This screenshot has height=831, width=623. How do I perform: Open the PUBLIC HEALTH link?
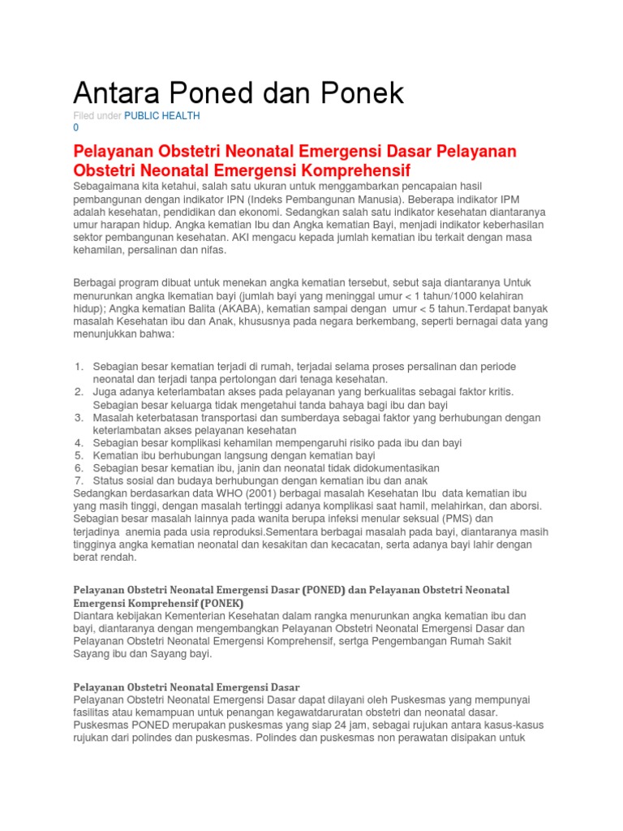[161, 116]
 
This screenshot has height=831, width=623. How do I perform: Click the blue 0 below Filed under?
[76, 128]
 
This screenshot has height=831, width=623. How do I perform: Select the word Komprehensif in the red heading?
[354, 170]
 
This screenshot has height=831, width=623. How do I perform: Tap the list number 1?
[79, 367]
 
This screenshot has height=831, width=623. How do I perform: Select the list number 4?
[79, 443]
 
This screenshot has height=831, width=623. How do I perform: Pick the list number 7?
[79, 480]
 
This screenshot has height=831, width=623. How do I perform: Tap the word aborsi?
[523, 506]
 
